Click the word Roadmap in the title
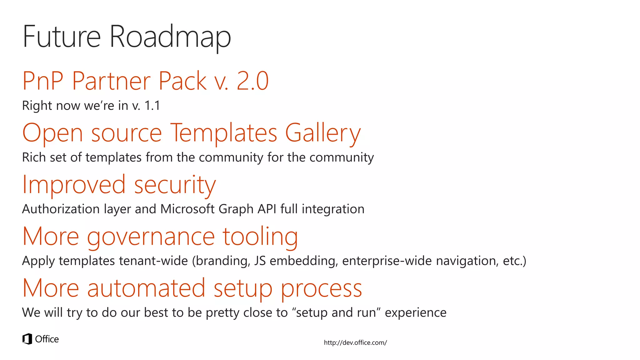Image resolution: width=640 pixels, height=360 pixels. pyautogui.click(x=170, y=37)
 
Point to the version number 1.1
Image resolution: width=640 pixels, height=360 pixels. pyautogui.click(x=152, y=106)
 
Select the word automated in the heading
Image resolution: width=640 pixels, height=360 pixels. pyautogui.click(x=146, y=288)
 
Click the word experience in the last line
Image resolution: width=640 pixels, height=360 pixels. pyautogui.click(x=415, y=312)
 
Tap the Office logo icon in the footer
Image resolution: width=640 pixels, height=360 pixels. pyautogui.click(x=27, y=339)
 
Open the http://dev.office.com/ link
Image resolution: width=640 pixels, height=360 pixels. pyautogui.click(x=355, y=342)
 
